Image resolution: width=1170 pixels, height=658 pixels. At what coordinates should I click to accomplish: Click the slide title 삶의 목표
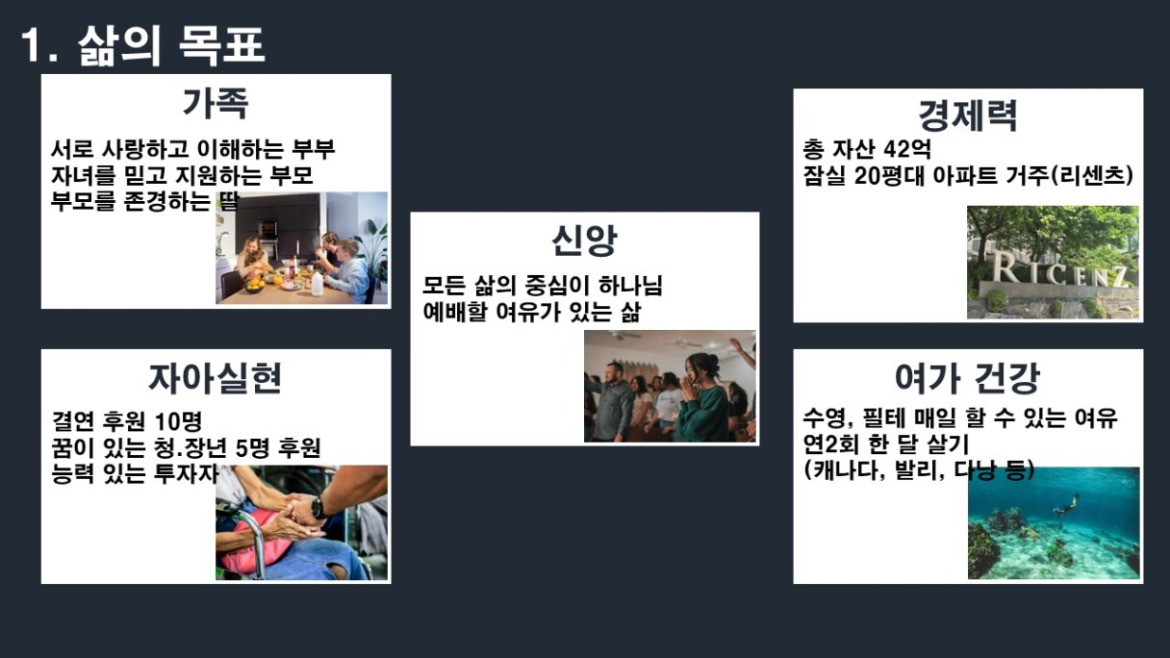click(x=171, y=45)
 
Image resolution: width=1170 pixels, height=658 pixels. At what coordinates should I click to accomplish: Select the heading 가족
click(x=216, y=103)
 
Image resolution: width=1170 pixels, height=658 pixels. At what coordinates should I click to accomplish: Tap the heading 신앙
click(x=584, y=240)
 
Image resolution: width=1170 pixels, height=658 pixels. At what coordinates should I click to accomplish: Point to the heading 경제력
click(x=968, y=115)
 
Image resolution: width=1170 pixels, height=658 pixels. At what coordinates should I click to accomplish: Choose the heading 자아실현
click(x=216, y=378)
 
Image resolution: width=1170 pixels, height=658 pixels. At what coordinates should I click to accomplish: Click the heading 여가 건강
click(x=967, y=378)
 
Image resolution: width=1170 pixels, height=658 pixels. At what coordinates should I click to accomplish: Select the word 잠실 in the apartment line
click(x=824, y=175)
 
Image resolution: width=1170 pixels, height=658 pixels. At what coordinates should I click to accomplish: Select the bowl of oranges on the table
click(x=255, y=285)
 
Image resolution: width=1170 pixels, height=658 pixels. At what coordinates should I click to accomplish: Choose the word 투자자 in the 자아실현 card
click(x=187, y=473)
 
